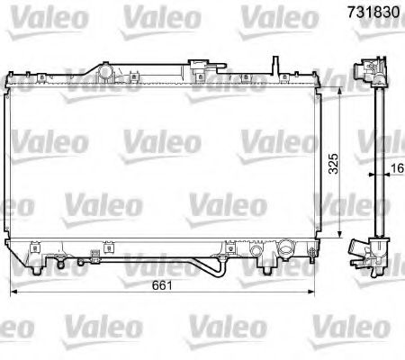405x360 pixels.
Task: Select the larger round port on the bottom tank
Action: (287, 246)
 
